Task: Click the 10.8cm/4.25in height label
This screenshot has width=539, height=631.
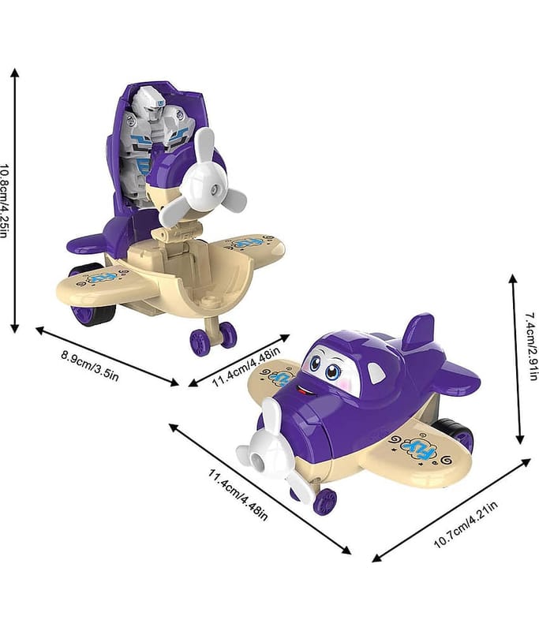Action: (6, 201)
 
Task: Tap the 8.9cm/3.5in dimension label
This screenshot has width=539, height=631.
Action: (90, 364)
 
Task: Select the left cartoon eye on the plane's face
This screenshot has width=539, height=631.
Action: (316, 364)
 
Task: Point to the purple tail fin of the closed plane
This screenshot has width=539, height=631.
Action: (418, 332)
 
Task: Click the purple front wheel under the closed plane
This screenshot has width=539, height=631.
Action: (324, 501)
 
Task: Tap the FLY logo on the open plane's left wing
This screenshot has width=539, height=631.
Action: (103, 278)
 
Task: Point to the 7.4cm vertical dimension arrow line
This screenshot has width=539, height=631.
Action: (514, 359)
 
